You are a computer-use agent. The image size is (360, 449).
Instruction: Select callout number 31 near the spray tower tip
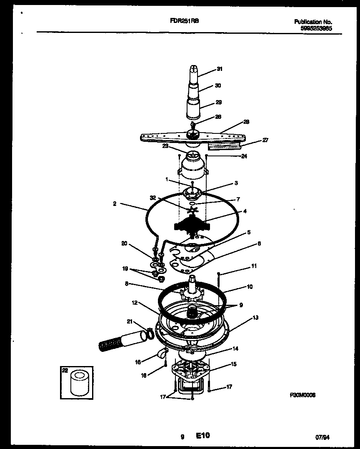point(219,69)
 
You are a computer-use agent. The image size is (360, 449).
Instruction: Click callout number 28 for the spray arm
point(246,122)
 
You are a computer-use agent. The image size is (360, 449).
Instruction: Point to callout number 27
point(265,140)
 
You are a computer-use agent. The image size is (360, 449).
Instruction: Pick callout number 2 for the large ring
point(114,204)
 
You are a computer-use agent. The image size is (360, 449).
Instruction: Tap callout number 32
point(152,198)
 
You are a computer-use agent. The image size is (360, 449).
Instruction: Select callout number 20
point(124,243)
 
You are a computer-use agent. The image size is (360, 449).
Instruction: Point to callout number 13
point(255,317)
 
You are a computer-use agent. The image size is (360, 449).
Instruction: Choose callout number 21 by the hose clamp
point(130,321)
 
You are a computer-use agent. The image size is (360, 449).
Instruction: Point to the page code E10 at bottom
point(203,436)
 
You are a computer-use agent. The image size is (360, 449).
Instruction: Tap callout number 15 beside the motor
point(233,364)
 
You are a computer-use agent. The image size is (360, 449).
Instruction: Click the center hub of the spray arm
point(192,134)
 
